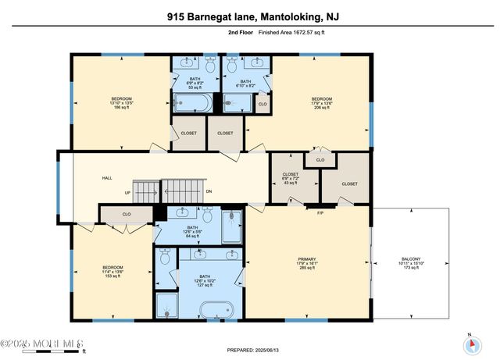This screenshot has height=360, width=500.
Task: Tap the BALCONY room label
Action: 411,263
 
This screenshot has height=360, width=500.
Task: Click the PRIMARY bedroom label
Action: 306,263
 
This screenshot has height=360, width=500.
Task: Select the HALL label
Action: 107,178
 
